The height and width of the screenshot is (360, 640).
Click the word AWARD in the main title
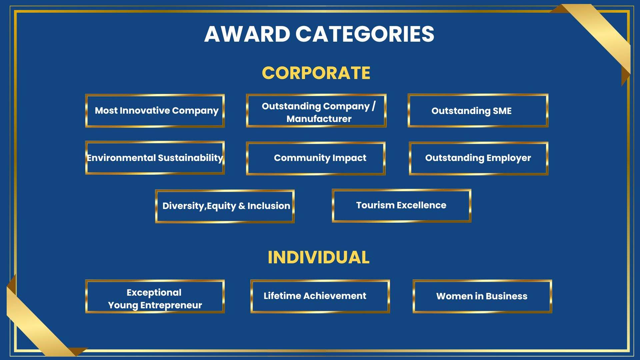coord(247,34)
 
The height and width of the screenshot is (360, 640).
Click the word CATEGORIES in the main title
coord(365,34)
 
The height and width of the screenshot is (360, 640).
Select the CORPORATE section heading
coord(316,73)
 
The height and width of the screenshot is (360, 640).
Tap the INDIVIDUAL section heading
coord(319,257)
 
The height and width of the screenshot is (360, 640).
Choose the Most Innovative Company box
coord(155,111)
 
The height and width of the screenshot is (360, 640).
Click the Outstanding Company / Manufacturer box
coord(316,111)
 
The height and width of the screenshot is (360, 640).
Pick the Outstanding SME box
coord(478,111)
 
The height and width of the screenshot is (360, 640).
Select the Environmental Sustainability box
coord(155,158)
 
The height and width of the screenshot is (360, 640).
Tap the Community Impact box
coord(316,158)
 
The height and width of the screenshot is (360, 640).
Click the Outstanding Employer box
coord(479,158)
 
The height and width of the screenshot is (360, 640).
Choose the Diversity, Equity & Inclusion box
coord(225,206)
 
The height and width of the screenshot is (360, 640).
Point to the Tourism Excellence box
coord(401,205)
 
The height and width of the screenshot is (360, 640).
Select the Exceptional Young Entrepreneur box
coord(155,296)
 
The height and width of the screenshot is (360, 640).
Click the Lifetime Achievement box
coord(320,296)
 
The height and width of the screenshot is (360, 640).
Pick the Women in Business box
coord(482,296)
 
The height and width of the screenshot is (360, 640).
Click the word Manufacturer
coord(319,119)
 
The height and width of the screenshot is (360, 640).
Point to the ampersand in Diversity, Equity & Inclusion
coord(242,206)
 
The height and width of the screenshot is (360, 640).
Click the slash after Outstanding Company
coord(374,106)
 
